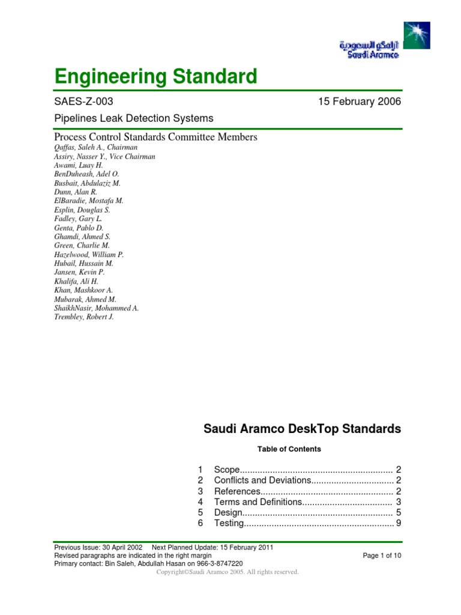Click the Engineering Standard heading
(155, 77)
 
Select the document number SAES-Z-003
(83, 101)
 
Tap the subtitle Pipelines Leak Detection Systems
(133, 118)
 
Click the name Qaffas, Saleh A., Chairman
(96, 147)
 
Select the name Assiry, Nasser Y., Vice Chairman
(105, 156)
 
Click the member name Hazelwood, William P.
(89, 255)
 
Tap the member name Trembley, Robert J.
(84, 317)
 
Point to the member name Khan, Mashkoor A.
(83, 290)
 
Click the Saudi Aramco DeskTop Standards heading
(302, 429)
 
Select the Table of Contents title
(289, 449)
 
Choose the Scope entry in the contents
(227, 469)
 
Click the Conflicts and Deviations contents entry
(262, 480)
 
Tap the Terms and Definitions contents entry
(258, 501)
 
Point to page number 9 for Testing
(398, 523)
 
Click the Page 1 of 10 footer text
(382, 556)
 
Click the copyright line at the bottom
(227, 572)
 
